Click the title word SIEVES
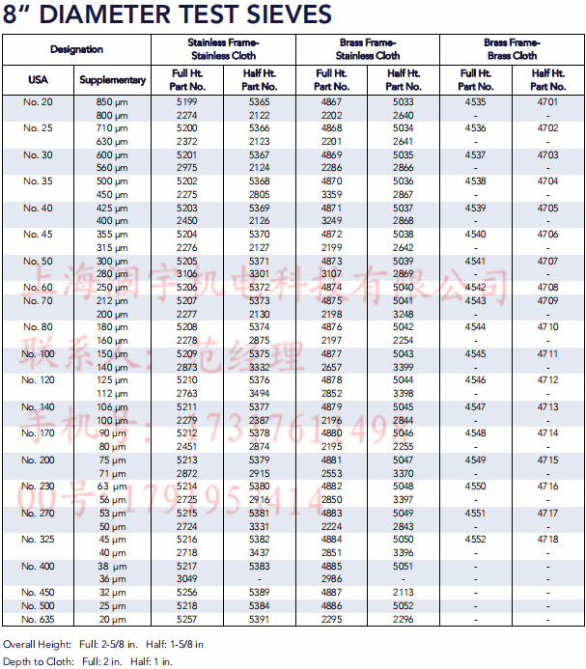pyautogui.click(x=283, y=14)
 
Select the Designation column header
pyautogui.click(x=76, y=49)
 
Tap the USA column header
pyautogui.click(x=38, y=80)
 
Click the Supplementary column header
pyautogui.click(x=113, y=80)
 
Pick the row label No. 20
pyautogui.click(x=38, y=102)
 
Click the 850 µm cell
pyautogui.click(x=112, y=102)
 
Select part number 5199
pyautogui.click(x=187, y=102)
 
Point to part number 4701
pyautogui.click(x=547, y=102)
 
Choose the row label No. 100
pyautogui.click(x=38, y=354)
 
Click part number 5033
pyautogui.click(x=404, y=102)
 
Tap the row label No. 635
pyautogui.click(x=38, y=619)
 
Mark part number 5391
pyautogui.click(x=260, y=619)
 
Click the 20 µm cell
pyautogui.click(x=112, y=619)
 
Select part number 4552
pyautogui.click(x=475, y=539)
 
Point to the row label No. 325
pyautogui.click(x=38, y=539)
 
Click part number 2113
pyautogui.click(x=404, y=592)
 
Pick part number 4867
pyautogui.click(x=331, y=102)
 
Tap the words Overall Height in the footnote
pyautogui.click(x=37, y=643)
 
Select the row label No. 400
pyautogui.click(x=38, y=566)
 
